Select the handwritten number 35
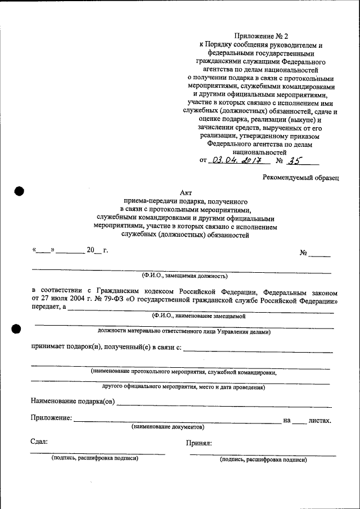(294, 160)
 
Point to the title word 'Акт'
(186, 192)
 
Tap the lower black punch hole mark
(16, 328)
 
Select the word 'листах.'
(320, 420)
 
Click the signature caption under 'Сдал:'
(94, 458)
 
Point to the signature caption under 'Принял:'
(263, 460)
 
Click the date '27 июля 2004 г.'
(67, 301)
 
